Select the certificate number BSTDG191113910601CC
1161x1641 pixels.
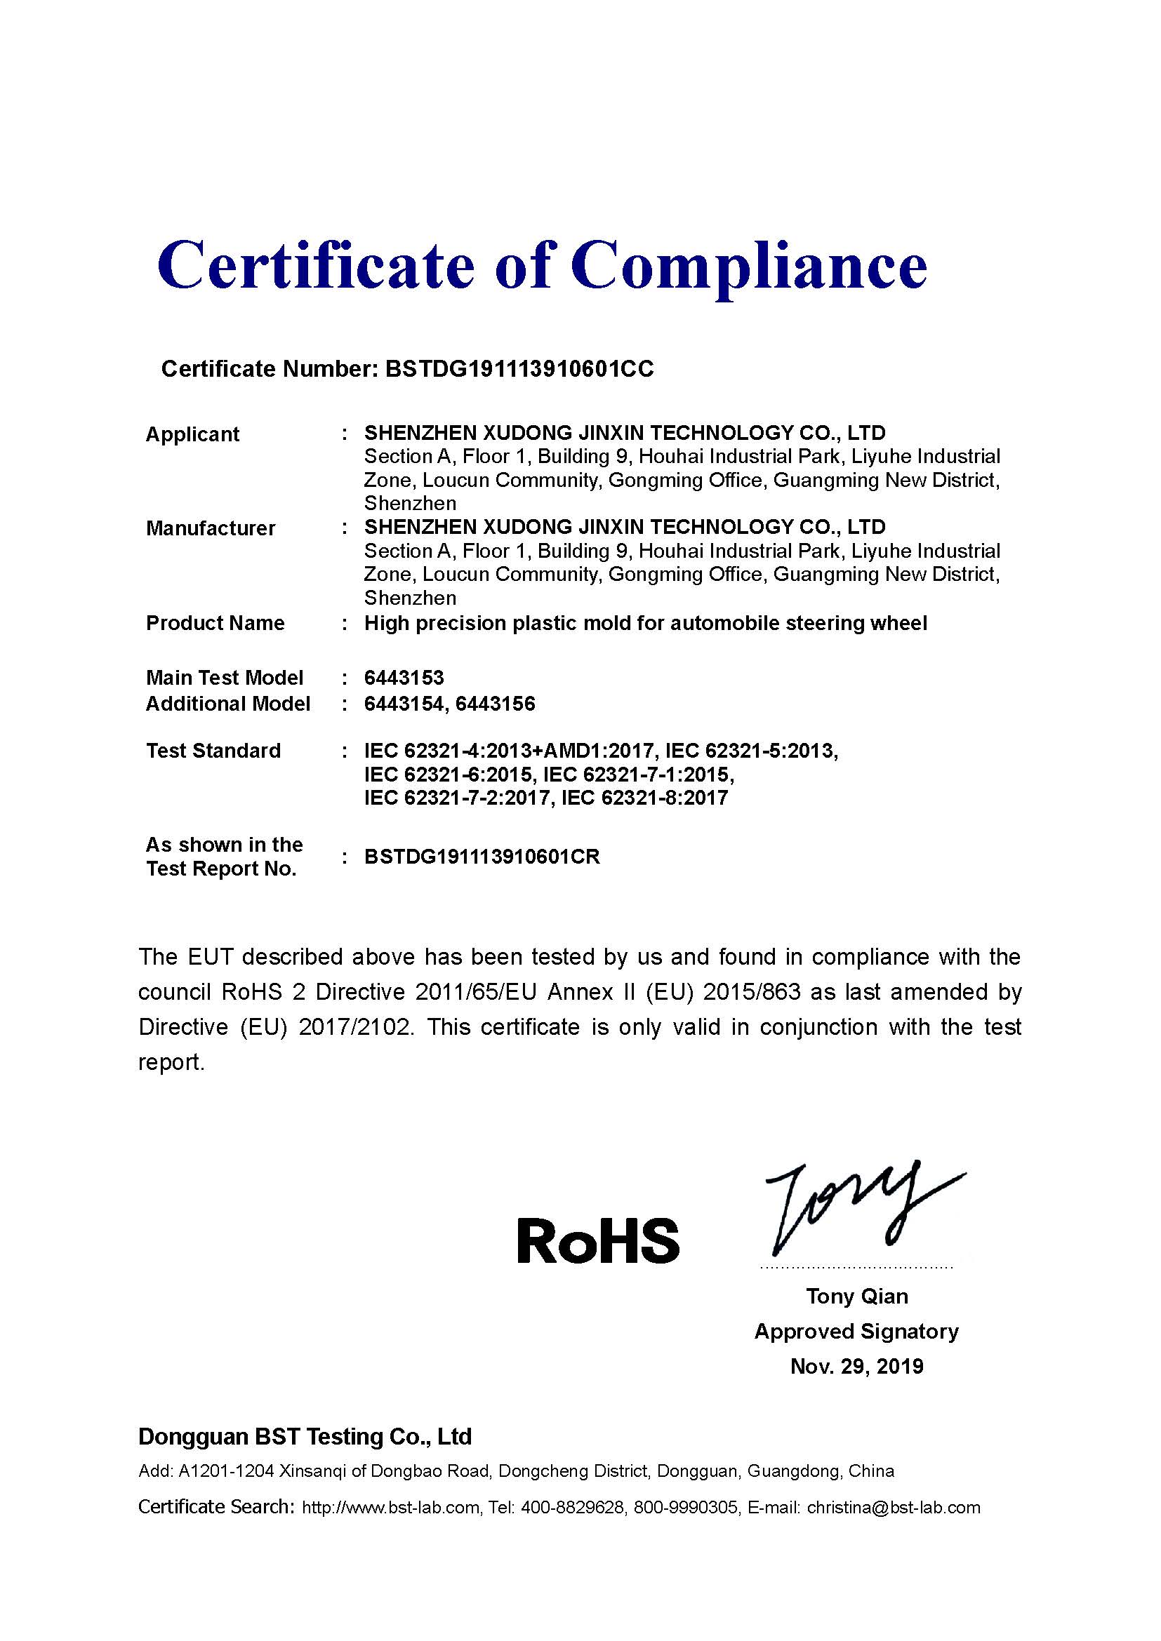click(519, 369)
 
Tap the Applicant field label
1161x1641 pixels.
click(192, 434)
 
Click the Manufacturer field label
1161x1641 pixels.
click(210, 528)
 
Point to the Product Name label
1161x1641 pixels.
click(215, 623)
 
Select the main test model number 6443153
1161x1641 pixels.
click(404, 678)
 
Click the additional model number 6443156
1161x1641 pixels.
click(495, 704)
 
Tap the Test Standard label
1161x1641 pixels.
click(213, 751)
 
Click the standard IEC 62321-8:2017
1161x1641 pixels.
click(644, 798)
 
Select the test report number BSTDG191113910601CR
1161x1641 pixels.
click(482, 856)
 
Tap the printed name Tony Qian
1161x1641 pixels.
click(856, 1296)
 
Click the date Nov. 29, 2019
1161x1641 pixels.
click(856, 1366)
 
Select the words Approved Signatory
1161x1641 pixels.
click(856, 1331)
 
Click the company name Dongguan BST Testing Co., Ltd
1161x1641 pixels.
click(305, 1436)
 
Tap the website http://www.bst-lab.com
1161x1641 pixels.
click(391, 1507)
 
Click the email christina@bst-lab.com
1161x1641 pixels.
click(893, 1507)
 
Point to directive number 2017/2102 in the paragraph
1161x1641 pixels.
click(355, 1027)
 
